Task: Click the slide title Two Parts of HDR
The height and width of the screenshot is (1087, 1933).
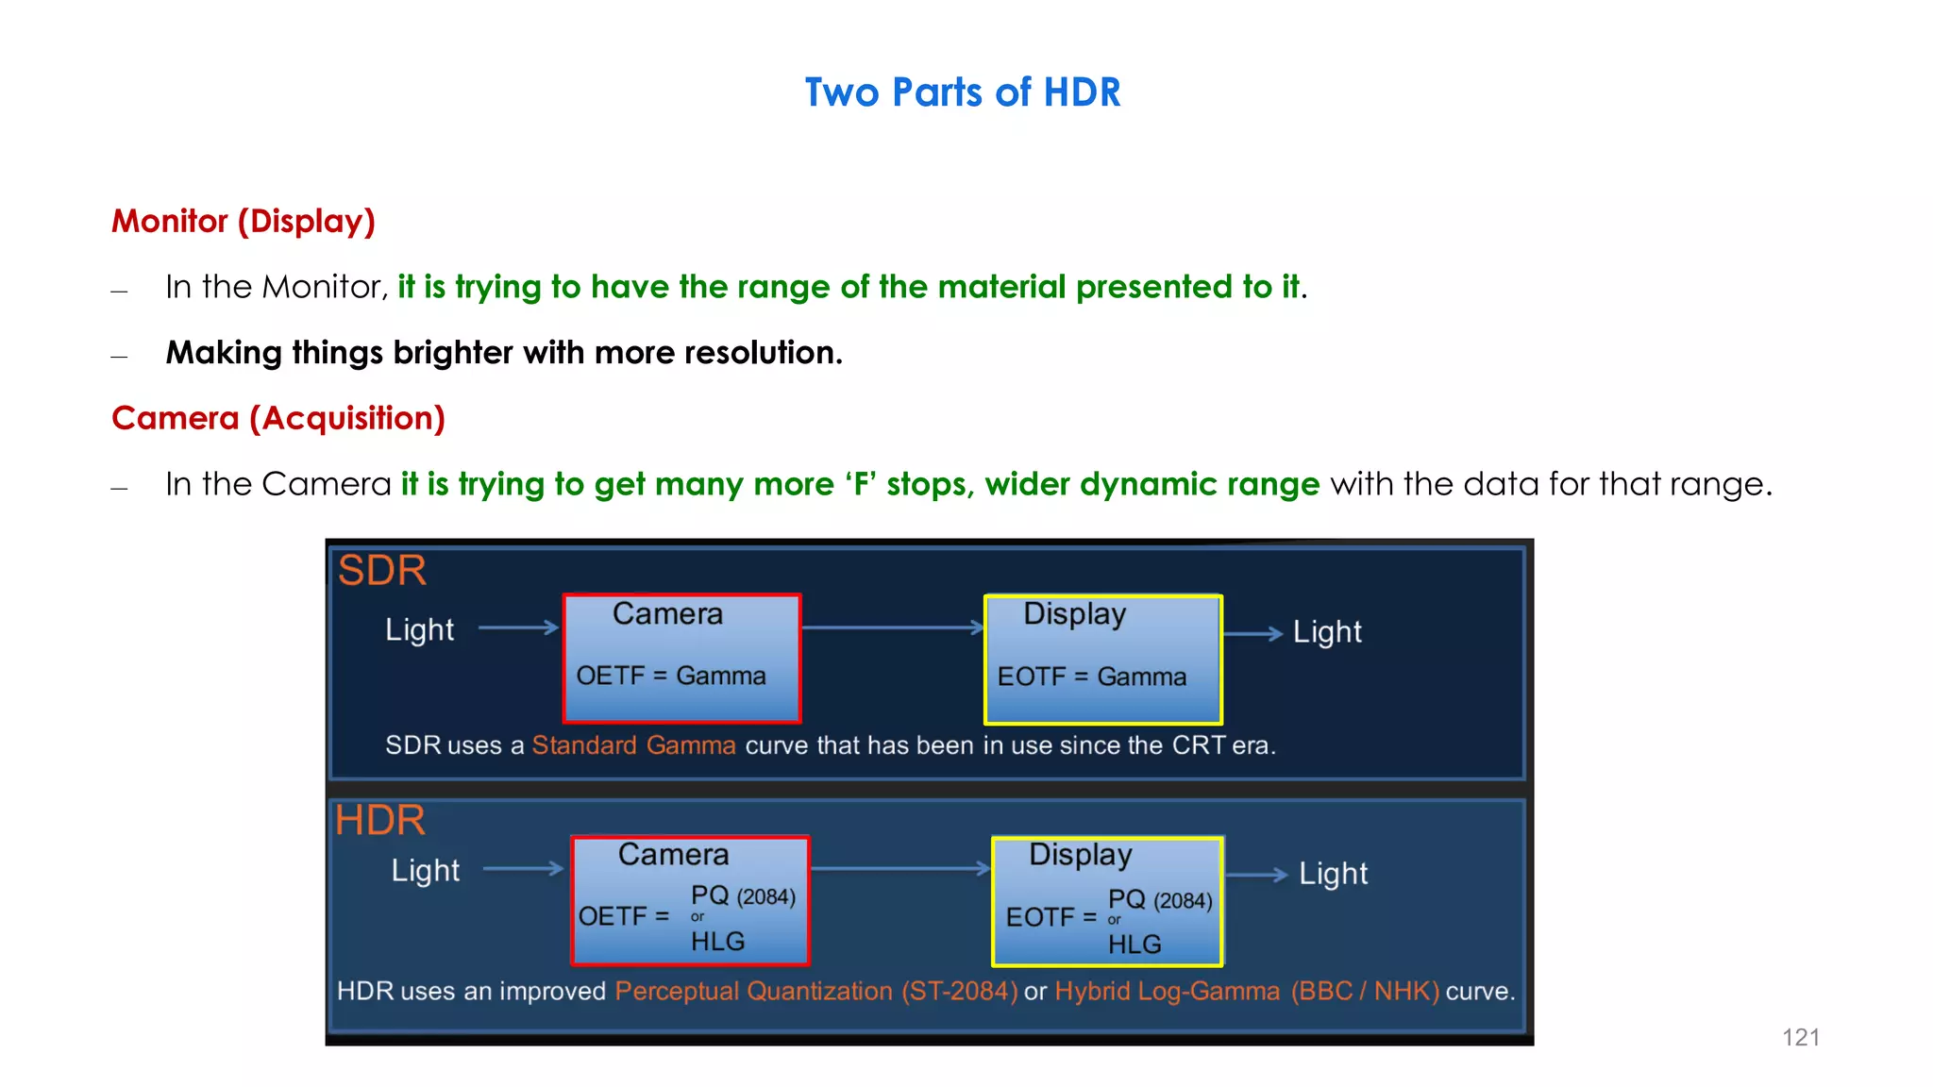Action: [962, 92]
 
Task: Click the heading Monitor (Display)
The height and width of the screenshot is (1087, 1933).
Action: [244, 221]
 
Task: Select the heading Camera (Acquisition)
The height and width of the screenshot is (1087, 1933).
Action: [278, 418]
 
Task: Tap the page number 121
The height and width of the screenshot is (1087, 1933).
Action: [1800, 1037]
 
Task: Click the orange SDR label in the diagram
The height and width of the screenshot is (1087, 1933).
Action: [382, 571]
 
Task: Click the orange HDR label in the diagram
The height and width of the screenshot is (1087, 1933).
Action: [380, 820]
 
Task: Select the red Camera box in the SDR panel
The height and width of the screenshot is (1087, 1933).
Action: [681, 658]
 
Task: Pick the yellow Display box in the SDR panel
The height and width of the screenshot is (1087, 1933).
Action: [1102, 658]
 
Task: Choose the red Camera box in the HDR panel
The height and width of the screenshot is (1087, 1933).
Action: [690, 899]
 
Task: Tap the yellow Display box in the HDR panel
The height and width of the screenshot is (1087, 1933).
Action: [1107, 900]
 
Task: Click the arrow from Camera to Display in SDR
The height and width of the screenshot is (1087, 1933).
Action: [892, 627]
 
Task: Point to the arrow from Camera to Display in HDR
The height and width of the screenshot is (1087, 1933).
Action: [899, 869]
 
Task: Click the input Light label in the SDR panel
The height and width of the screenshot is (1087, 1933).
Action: [419, 629]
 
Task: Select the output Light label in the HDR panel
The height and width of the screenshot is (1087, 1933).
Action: [1333, 874]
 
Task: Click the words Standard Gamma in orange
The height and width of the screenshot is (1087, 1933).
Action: [633, 745]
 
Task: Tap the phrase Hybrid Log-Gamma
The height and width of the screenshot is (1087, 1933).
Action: [1167, 992]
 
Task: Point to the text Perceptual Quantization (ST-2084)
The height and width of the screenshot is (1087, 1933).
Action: [816, 992]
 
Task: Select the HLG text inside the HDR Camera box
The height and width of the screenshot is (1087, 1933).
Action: [717, 942]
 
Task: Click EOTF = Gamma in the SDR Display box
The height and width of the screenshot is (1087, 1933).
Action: [1091, 677]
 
